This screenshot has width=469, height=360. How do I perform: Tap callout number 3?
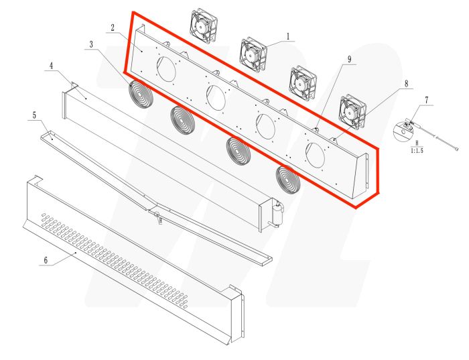coord(90,44)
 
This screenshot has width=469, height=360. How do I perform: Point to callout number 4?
coord(50,66)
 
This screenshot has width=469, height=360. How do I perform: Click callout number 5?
coord(33,115)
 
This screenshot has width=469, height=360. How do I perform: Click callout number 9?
coord(349,59)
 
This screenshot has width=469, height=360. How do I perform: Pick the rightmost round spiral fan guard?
coord(288,179)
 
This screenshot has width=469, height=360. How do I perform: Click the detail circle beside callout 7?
coord(403,130)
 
